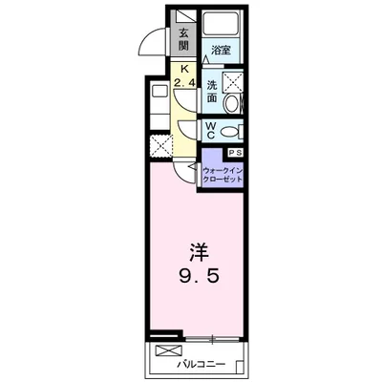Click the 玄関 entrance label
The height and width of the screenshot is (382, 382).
coord(183,39)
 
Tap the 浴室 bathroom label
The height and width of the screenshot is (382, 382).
coord(222,51)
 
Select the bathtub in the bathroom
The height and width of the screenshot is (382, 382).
coord(222,23)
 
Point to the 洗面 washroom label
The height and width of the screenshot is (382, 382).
coord(212,92)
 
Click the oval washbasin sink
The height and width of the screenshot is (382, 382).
coord(231,104)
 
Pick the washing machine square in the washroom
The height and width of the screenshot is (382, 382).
coord(233,82)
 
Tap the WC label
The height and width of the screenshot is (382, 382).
coord(211,131)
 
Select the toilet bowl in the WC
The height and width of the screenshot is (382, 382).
coord(231,132)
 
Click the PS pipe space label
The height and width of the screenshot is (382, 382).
coord(235,153)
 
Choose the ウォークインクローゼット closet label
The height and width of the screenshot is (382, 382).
coord(223,175)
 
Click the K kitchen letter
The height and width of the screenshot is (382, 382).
coord(184,69)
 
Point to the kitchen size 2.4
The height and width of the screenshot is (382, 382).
coord(184,83)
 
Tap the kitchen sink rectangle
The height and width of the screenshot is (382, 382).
coord(159,92)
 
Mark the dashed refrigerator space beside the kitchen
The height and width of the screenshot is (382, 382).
coord(161,146)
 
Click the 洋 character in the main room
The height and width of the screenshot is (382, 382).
coord(200,253)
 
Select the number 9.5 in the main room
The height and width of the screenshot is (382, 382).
coord(200,277)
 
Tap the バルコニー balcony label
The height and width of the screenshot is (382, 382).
coord(202,364)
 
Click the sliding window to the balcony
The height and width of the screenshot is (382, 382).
coord(212,340)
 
